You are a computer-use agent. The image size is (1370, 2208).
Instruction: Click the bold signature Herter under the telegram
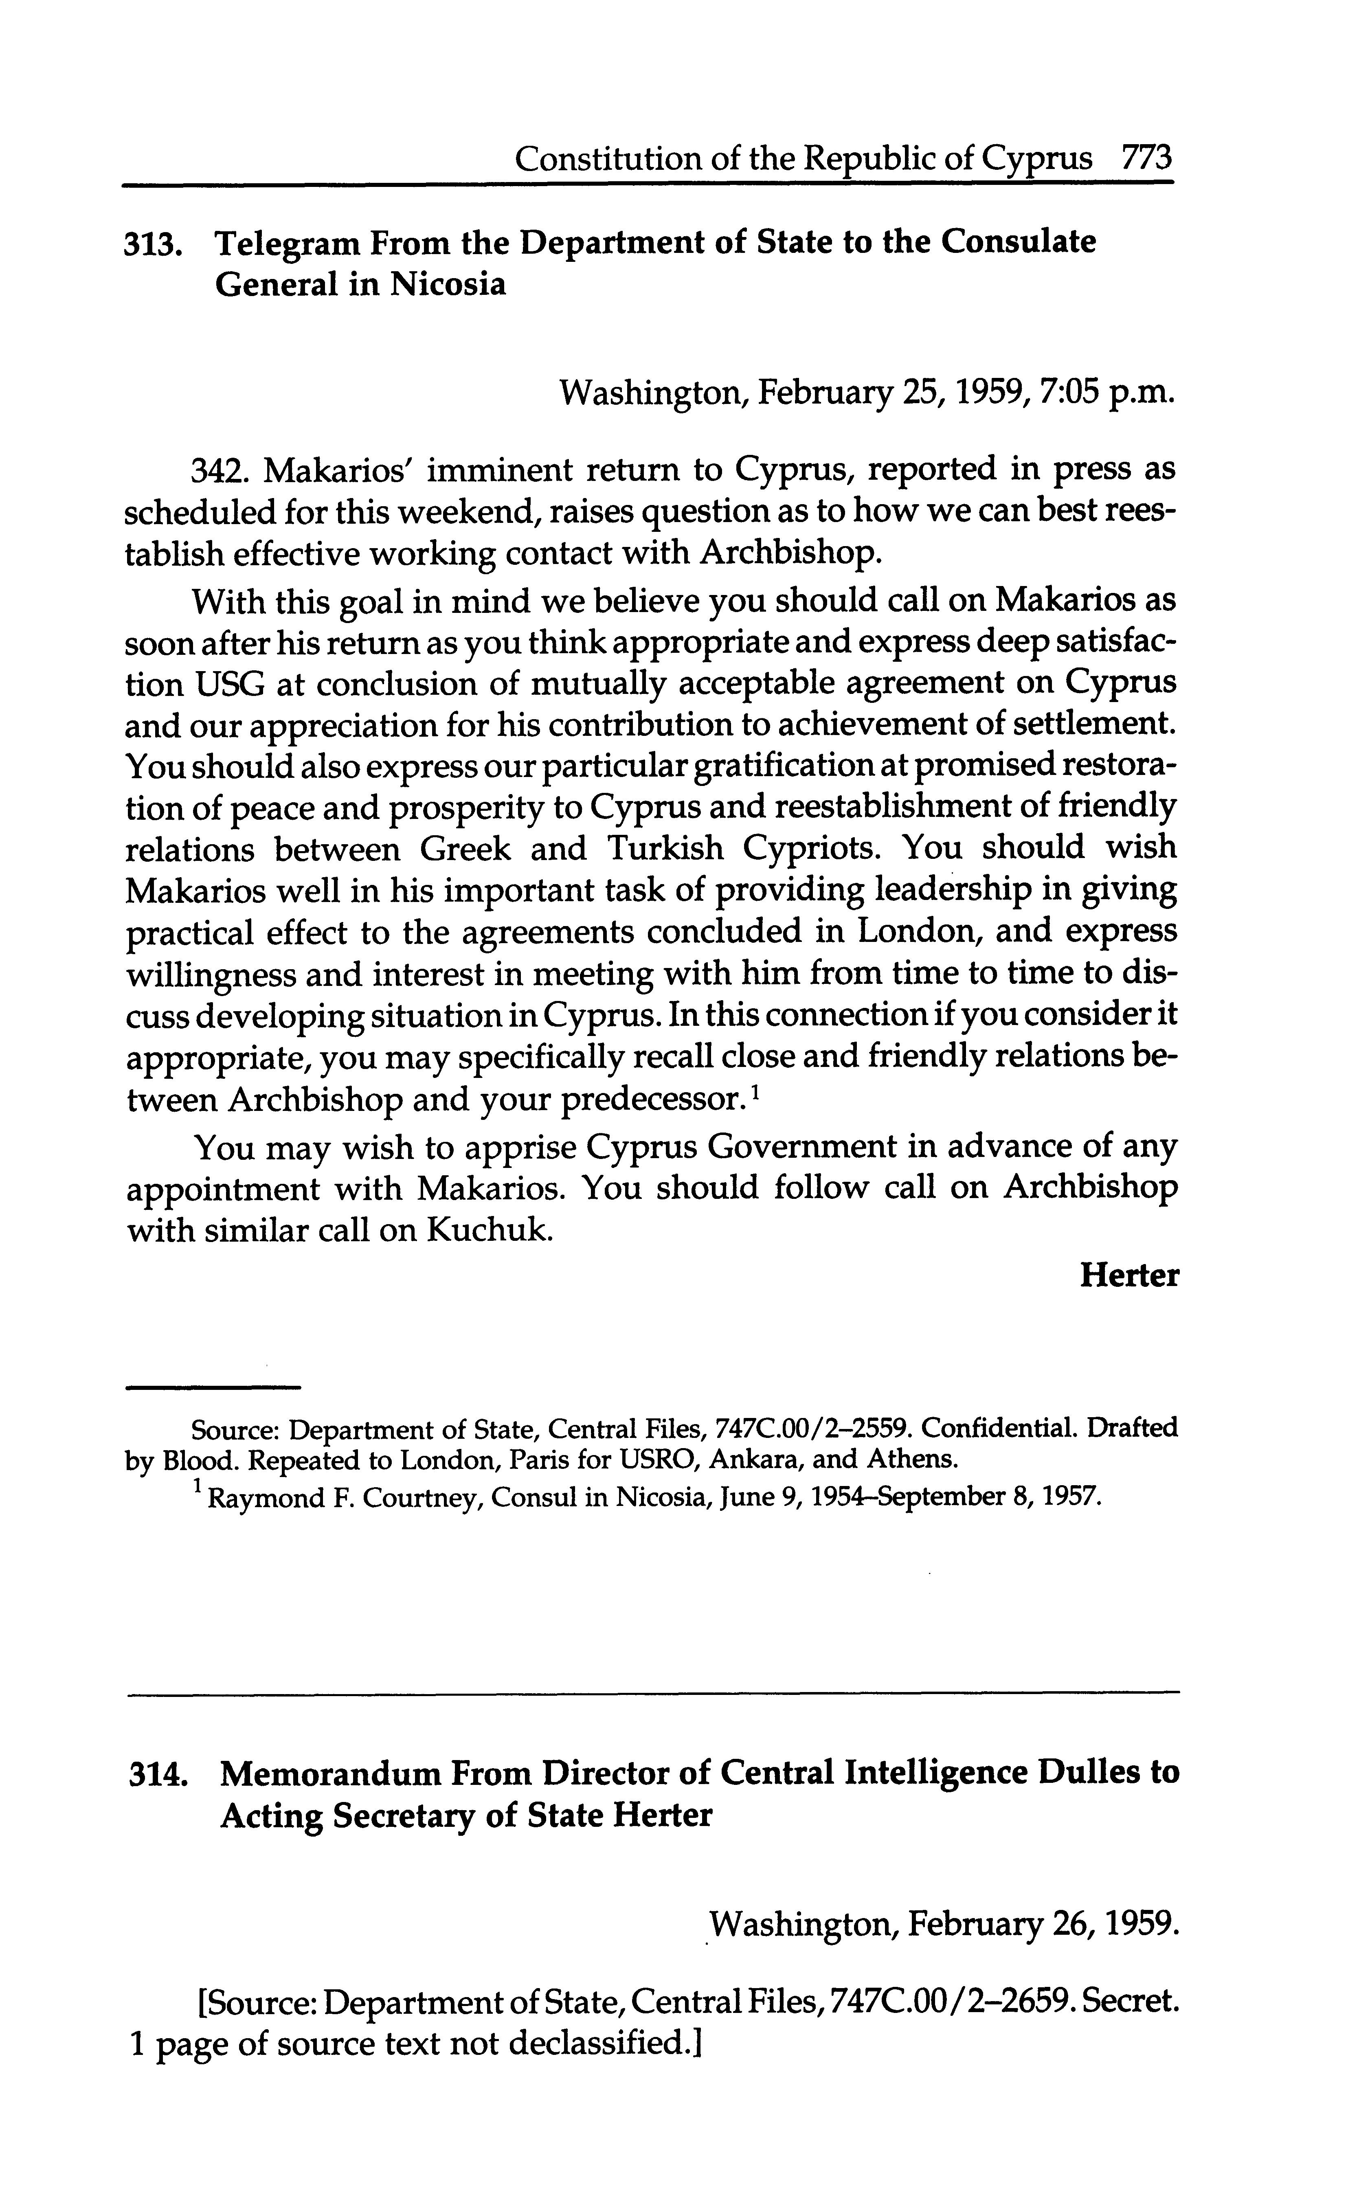point(1129,1276)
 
